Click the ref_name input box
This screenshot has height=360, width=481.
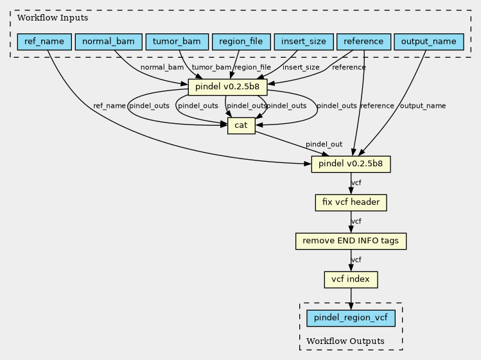pos(44,42)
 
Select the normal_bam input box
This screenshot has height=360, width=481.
pos(109,42)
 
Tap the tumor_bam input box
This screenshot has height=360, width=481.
pos(177,42)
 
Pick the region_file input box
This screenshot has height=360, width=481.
pos(241,42)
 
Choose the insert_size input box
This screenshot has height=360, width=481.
pos(304,42)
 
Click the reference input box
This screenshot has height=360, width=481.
pos(364,42)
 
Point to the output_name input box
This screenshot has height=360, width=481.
pos(429,42)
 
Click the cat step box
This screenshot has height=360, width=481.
pos(241,126)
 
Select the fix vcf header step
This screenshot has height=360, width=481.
pos(351,203)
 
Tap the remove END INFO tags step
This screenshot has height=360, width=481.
pos(351,241)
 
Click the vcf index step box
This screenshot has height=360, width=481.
pos(351,280)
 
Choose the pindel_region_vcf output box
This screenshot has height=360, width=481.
pos(351,318)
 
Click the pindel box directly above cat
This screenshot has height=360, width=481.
pos(227,87)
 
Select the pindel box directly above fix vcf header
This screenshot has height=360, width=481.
pos(351,164)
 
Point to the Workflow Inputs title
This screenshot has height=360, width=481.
pos(53,18)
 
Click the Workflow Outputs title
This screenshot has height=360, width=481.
pos(345,341)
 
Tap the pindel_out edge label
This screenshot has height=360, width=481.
pos(324,144)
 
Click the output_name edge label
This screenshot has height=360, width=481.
pos(423,106)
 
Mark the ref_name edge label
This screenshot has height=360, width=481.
pos(109,106)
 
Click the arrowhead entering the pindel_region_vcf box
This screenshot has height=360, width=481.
pos(351,306)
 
